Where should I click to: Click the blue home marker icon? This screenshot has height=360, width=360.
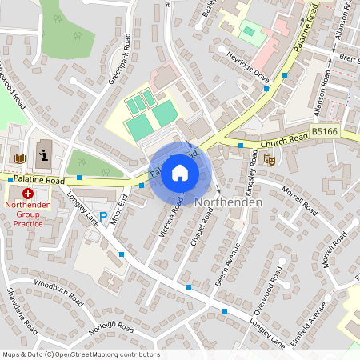[x=180, y=172]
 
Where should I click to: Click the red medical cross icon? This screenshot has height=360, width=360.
[x=28, y=194]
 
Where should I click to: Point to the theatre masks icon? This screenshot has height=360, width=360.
[x=270, y=160]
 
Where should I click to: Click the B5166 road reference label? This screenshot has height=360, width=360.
[x=324, y=130]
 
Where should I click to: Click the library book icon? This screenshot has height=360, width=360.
[x=20, y=158]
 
